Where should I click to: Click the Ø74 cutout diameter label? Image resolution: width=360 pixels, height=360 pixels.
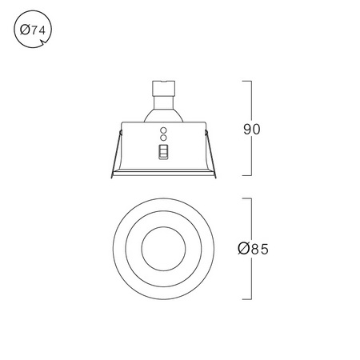click(x=33, y=30)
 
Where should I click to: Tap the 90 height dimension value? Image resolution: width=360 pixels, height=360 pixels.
click(x=251, y=130)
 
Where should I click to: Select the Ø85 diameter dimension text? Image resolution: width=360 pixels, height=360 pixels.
click(x=253, y=249)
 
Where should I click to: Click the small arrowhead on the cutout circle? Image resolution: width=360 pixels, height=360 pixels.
click(x=42, y=42)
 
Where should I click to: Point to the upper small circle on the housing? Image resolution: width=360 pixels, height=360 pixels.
click(x=163, y=130)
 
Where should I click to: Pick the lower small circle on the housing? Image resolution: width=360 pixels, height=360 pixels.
click(x=163, y=138)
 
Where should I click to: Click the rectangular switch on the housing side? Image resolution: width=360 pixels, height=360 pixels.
click(x=163, y=152)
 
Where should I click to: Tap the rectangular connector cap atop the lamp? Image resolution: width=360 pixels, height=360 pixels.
click(x=163, y=88)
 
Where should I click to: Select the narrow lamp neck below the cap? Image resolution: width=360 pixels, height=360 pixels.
click(x=163, y=102)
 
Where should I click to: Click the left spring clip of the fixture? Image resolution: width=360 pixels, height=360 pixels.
click(x=116, y=154)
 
